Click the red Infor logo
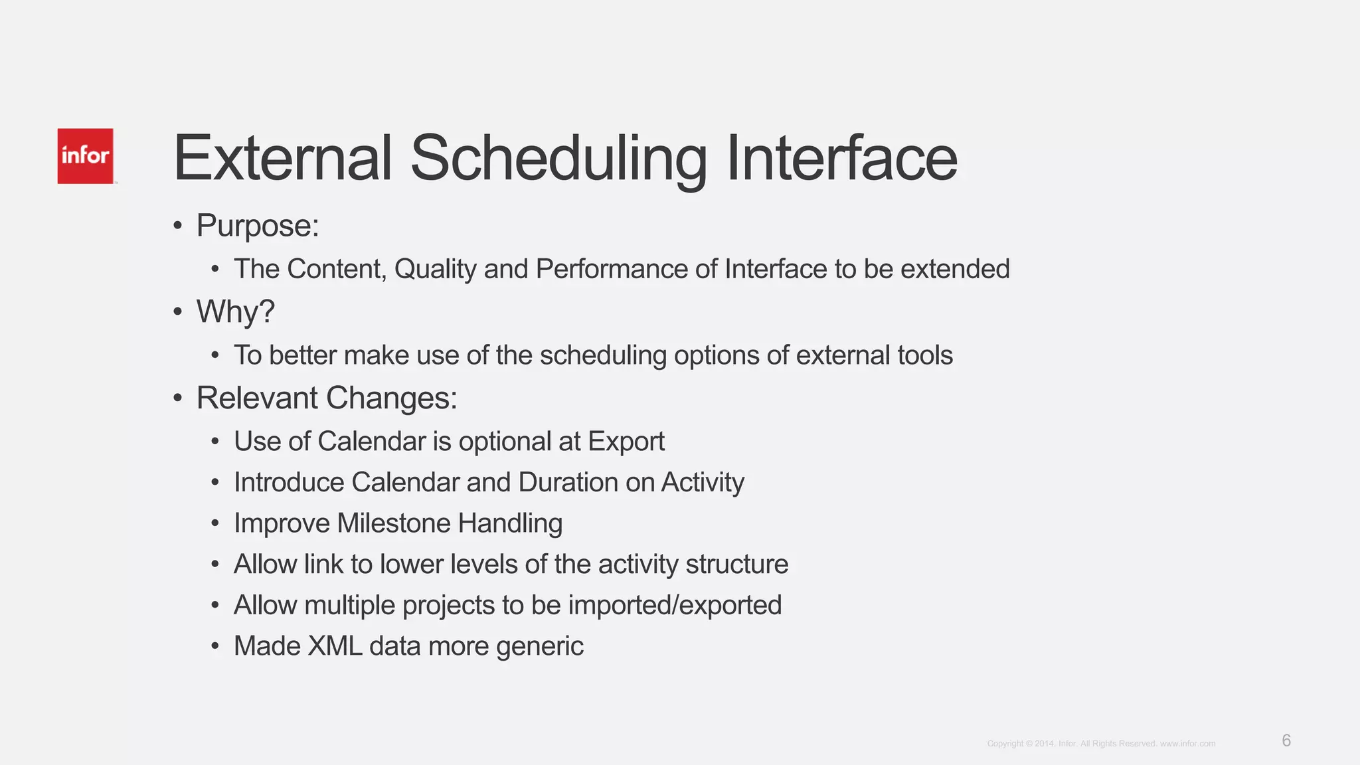pyautogui.click(x=85, y=156)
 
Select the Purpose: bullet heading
pyautogui.click(x=258, y=226)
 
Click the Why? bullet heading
pyautogui.click(x=235, y=311)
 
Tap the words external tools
pyautogui.click(x=874, y=355)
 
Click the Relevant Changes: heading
pyautogui.click(x=327, y=398)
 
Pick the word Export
pyautogui.click(x=626, y=442)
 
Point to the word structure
pyautogui.click(x=736, y=564)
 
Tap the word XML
pyautogui.click(x=335, y=646)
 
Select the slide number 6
pyautogui.click(x=1286, y=740)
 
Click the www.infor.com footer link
pyautogui.click(x=1187, y=744)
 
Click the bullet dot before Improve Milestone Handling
pyautogui.click(x=214, y=523)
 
